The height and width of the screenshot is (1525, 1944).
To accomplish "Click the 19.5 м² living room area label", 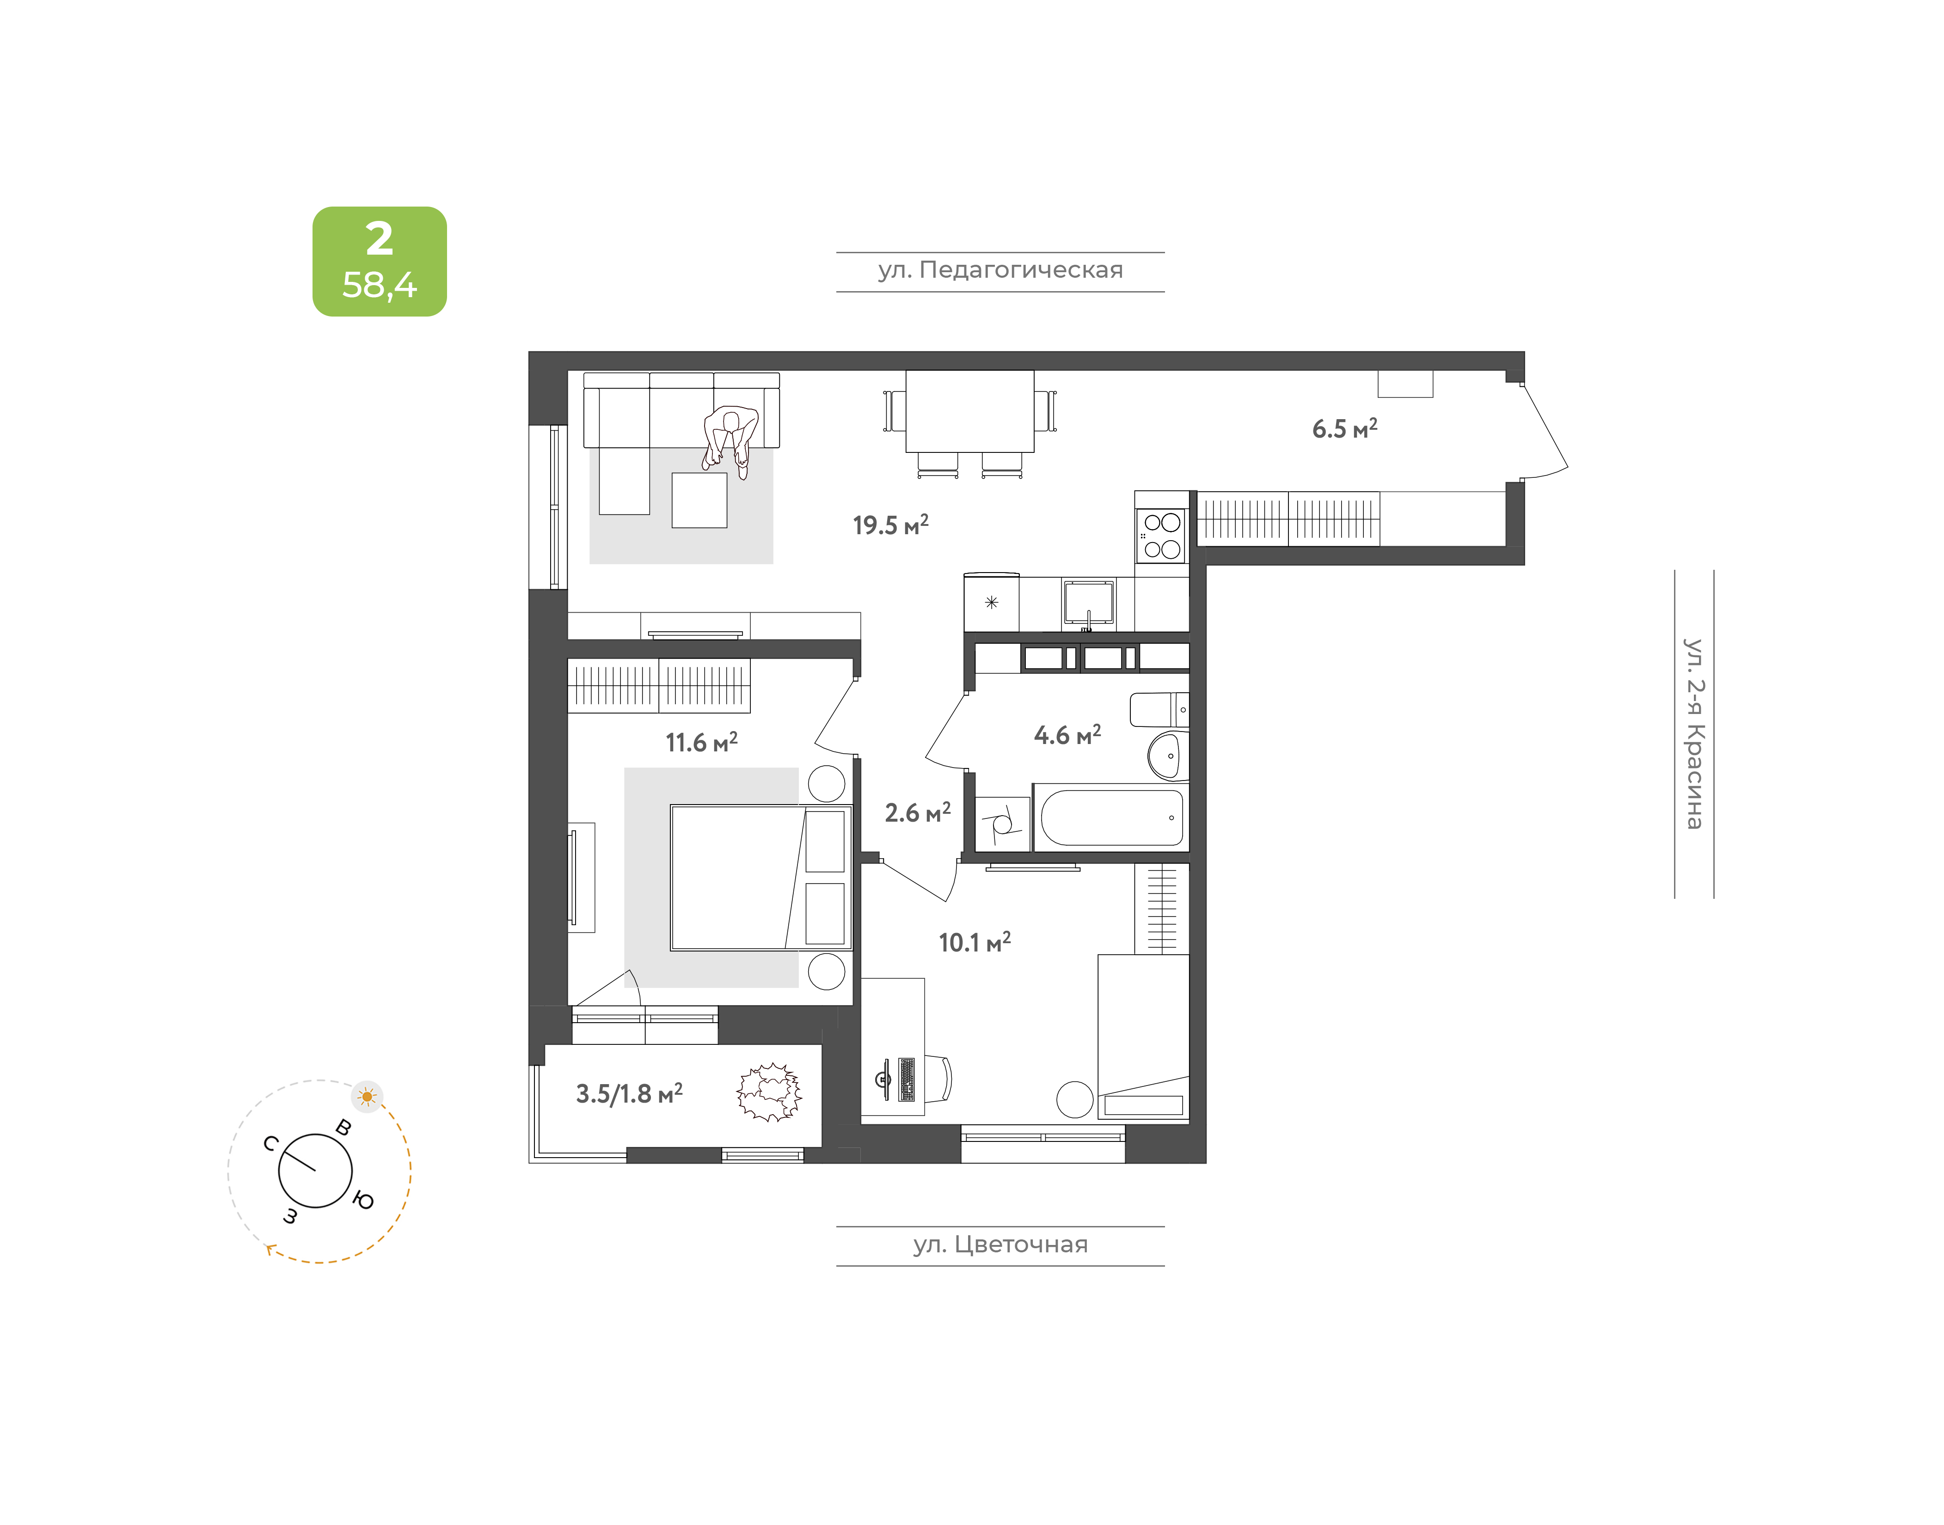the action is click(x=890, y=525).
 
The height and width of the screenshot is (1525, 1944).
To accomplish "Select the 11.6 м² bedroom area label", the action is click(x=701, y=742).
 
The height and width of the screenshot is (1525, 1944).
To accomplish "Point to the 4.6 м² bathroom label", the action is click(x=1067, y=735).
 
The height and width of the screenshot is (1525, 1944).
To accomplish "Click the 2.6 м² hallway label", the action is click(x=917, y=812).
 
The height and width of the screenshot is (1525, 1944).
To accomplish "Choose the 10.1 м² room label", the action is click(x=974, y=942).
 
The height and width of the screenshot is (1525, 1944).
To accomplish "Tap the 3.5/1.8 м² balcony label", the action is click(x=629, y=1094).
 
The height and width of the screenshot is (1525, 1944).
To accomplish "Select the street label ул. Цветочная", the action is click(x=1000, y=1244).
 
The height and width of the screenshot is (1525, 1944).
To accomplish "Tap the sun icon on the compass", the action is click(x=367, y=1097).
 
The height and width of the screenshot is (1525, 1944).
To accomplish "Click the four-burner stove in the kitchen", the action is click(x=1162, y=536).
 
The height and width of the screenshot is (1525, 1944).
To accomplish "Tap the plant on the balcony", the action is click(x=769, y=1092).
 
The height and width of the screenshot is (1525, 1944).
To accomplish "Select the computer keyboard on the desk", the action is click(x=907, y=1080).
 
